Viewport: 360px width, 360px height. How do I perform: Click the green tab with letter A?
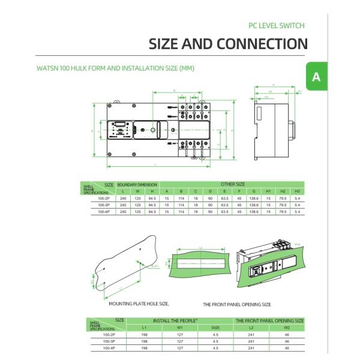coord(316,77)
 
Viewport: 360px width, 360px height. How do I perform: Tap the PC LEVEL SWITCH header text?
coord(277,26)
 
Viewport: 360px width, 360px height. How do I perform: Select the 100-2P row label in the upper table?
coord(104,197)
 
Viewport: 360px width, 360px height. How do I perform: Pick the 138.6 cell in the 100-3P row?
coord(254,205)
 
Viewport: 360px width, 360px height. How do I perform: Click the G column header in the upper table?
coord(254,191)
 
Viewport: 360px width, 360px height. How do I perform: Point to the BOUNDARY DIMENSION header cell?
coord(137,184)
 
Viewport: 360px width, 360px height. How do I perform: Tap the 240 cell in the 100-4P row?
coord(123,211)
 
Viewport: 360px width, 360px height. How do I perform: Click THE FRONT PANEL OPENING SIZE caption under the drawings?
coord(236,305)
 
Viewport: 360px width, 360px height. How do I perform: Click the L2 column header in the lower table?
coord(252,328)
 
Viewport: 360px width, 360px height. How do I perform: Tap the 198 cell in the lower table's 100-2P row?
coord(144,335)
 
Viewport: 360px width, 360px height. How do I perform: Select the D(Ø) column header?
coord(215,328)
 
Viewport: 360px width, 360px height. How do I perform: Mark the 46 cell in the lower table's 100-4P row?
coord(287,348)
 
